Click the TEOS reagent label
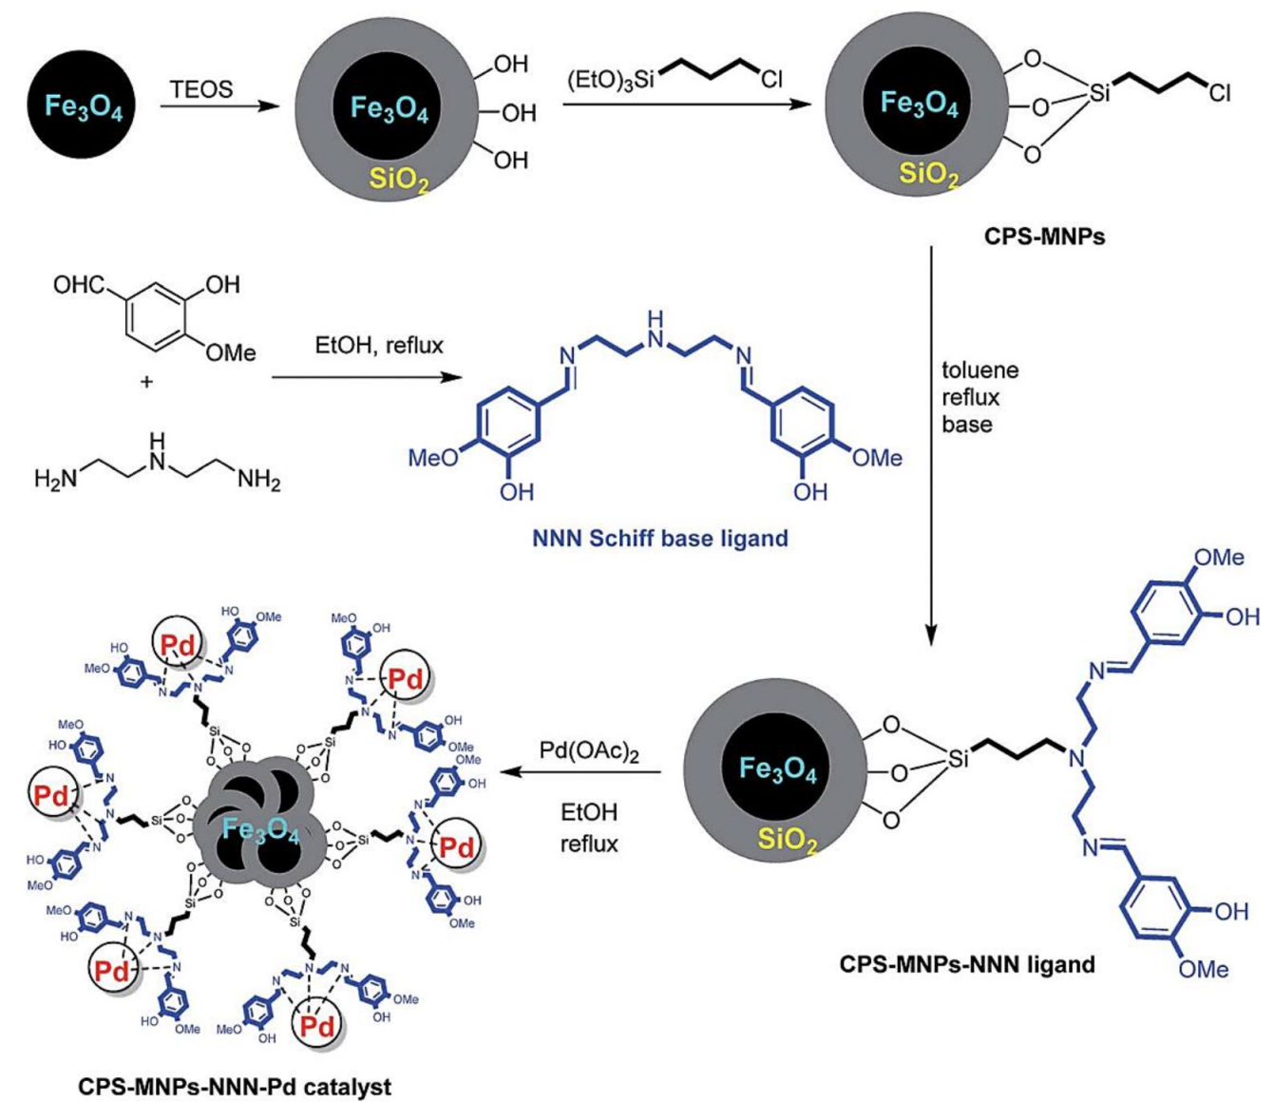coord(201,89)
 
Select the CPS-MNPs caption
coord(1044,236)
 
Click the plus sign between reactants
coord(146,382)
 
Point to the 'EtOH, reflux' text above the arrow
coord(379,346)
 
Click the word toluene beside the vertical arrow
coord(979,370)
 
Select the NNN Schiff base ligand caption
coord(659,539)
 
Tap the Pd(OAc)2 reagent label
coord(589,751)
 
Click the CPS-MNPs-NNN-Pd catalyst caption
coord(234,1087)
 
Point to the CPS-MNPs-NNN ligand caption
coord(967,964)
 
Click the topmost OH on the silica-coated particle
coord(510,64)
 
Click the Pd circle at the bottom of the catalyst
coord(316,1025)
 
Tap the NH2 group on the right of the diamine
coord(258,480)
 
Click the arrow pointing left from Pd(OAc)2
coord(580,771)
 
